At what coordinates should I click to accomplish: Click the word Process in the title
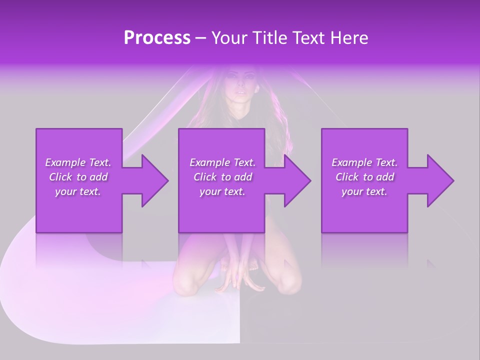pyautogui.click(x=157, y=38)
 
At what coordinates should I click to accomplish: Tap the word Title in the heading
pyautogui.click(x=270, y=38)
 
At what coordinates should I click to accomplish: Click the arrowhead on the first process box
pyautogui.click(x=153, y=180)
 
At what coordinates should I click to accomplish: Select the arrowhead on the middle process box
pyautogui.click(x=295, y=180)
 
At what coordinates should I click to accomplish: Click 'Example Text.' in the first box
pyautogui.click(x=78, y=162)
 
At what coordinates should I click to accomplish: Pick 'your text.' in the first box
pyautogui.click(x=78, y=191)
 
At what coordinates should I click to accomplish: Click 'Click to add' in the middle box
pyautogui.click(x=222, y=177)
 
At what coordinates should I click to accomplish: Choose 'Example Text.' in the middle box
pyautogui.click(x=222, y=162)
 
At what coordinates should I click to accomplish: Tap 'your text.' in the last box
pyautogui.click(x=364, y=191)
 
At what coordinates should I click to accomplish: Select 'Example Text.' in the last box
pyautogui.click(x=364, y=162)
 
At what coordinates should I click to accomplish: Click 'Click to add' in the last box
pyautogui.click(x=364, y=177)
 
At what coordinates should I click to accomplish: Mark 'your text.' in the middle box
pyautogui.click(x=222, y=191)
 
